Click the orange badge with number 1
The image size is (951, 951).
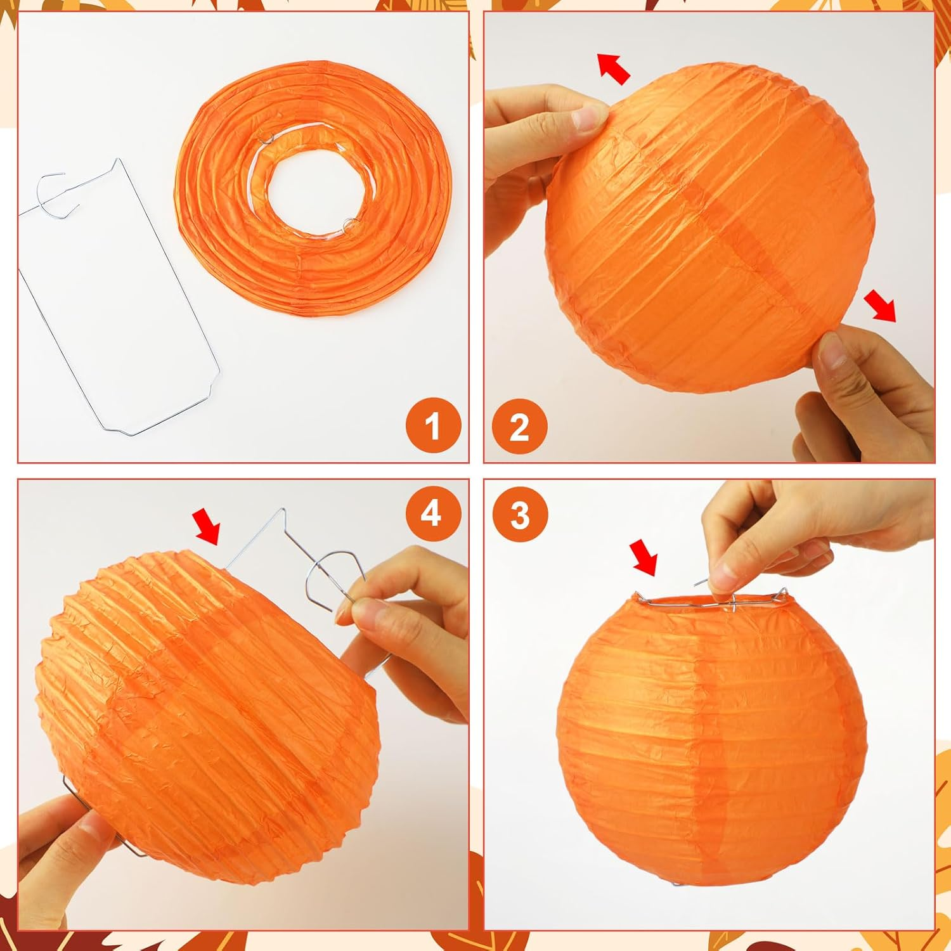point(432,425)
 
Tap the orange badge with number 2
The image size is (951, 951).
point(519,425)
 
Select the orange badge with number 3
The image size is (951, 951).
point(519,515)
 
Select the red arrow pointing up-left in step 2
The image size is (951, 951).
point(614,68)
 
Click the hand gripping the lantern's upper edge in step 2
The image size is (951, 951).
point(545,127)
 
